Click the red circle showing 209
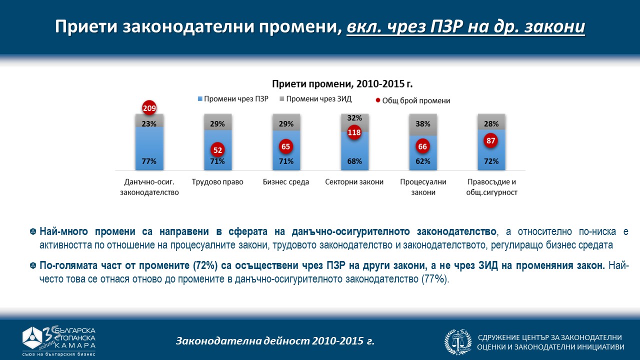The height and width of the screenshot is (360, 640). click(149, 108)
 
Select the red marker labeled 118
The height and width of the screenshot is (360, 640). click(354, 133)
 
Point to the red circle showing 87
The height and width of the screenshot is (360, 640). click(491, 141)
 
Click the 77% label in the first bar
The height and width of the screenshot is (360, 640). click(149, 161)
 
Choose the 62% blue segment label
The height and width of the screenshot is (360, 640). click(422, 161)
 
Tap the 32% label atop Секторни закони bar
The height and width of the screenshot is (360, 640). click(354, 118)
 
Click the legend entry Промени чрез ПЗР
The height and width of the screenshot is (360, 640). click(233, 99)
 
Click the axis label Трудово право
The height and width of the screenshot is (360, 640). click(217, 182)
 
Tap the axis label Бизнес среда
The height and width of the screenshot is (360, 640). click(286, 182)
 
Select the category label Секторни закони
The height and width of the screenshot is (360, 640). click(354, 182)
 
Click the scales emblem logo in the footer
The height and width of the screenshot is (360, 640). click(458, 342)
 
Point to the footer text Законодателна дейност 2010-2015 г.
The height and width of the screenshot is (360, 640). click(275, 341)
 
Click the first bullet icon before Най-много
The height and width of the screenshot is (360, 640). click(33, 231)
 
